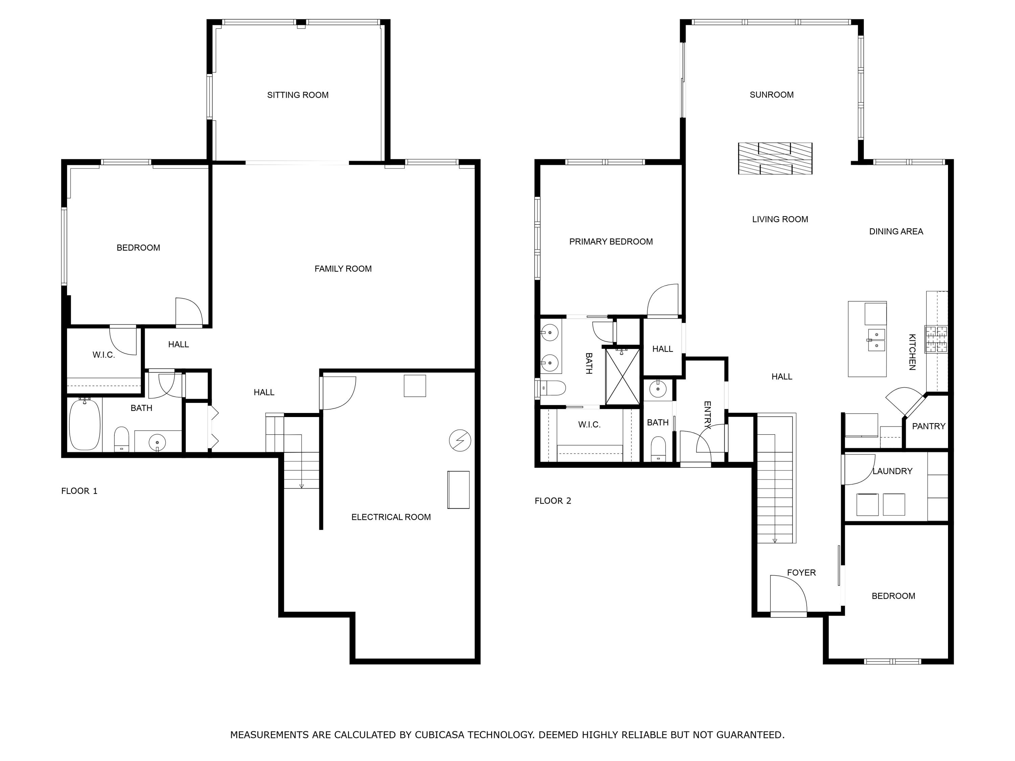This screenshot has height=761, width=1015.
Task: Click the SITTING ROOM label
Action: click(x=298, y=95)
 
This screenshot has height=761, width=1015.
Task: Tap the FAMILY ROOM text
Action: click(x=343, y=269)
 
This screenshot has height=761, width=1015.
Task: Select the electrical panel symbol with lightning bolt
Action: click(x=460, y=441)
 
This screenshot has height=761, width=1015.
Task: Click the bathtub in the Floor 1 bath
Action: click(x=85, y=425)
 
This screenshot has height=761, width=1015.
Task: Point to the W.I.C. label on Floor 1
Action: click(x=104, y=355)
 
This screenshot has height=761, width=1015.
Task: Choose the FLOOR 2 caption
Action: click(x=553, y=501)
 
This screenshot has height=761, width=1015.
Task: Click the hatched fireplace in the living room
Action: click(x=775, y=159)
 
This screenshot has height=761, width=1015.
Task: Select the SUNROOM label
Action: click(x=771, y=95)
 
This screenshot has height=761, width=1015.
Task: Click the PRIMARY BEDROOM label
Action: click(x=611, y=242)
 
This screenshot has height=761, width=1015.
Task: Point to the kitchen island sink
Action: click(x=876, y=340)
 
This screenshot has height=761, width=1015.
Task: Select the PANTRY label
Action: click(x=928, y=426)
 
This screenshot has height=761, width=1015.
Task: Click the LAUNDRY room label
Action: click(x=893, y=471)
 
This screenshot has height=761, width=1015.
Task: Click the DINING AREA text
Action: click(x=896, y=232)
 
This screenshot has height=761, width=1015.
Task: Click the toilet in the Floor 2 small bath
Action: click(x=658, y=448)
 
